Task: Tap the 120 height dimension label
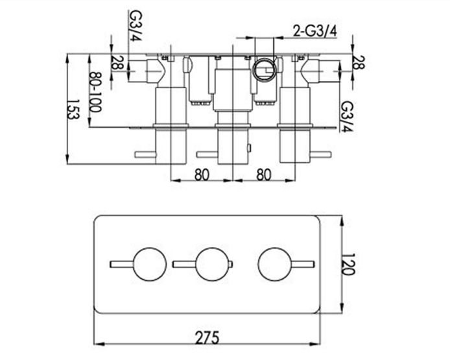coord(349,265)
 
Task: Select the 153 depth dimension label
coord(73,110)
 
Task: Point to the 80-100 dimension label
coord(95,92)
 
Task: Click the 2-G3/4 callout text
coord(315,31)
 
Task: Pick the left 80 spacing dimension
coord(202,174)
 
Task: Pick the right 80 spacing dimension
coord(264,174)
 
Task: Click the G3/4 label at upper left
coord(136,25)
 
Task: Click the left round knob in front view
coord(150,264)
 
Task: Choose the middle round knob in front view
coord(213,264)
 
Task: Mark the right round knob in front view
coord(275,264)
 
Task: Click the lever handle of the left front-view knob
coord(122,264)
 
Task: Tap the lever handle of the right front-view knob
coord(303,264)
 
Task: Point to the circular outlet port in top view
coord(265,70)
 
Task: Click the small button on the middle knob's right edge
coord(231,264)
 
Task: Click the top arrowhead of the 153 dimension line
coord(67,60)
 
